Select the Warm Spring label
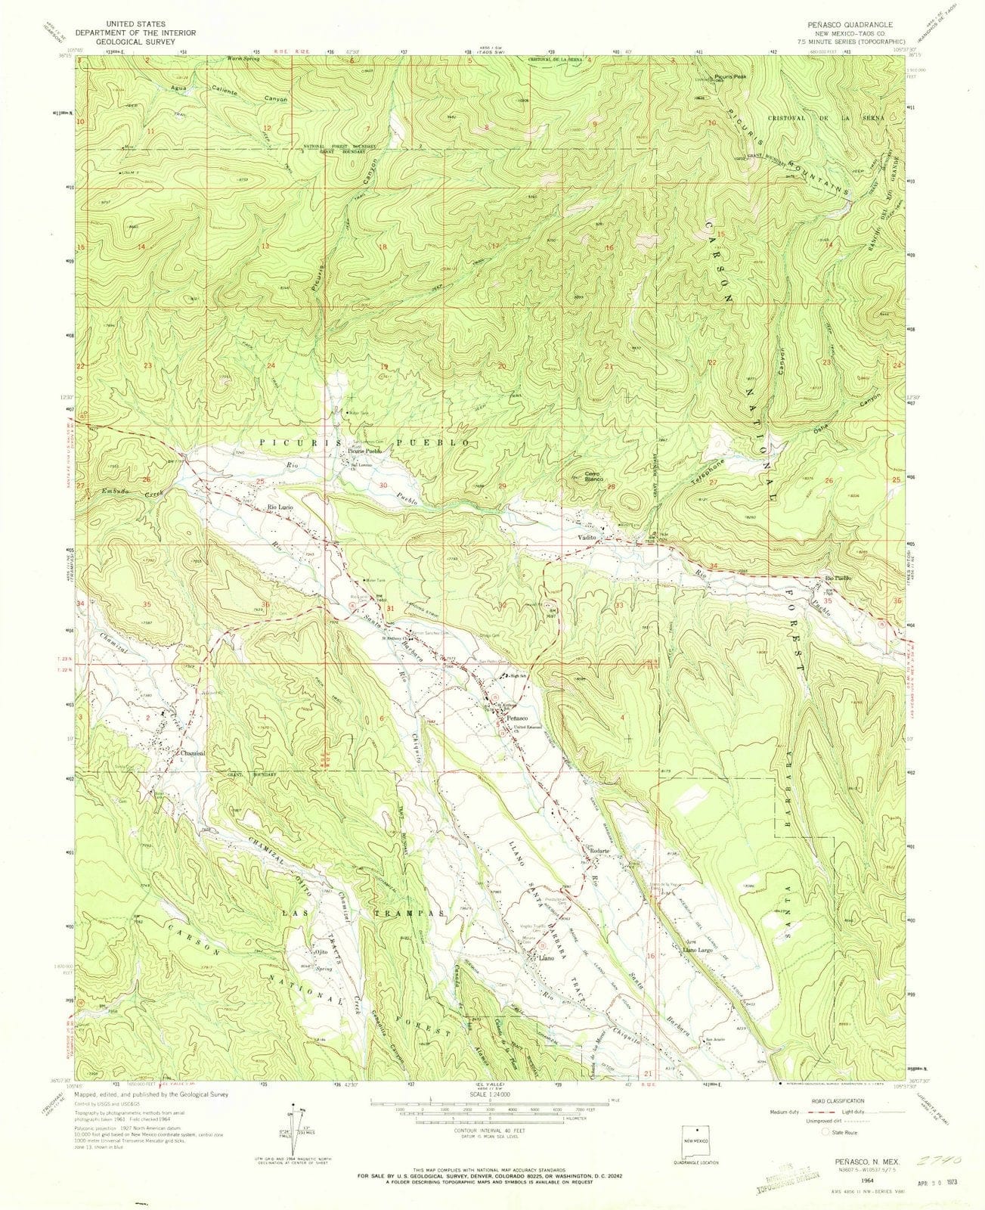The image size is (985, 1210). (244, 59)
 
